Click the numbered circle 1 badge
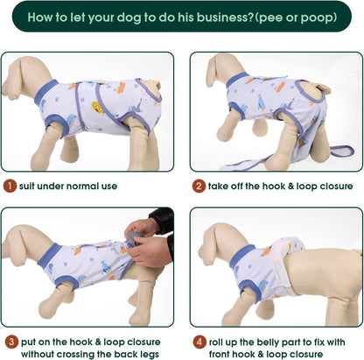(10, 186)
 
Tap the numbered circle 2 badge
(199, 186)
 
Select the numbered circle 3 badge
(10, 342)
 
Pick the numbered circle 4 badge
(199, 342)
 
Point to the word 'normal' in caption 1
(82, 186)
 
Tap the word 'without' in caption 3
(43, 353)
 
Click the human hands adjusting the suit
(150, 241)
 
